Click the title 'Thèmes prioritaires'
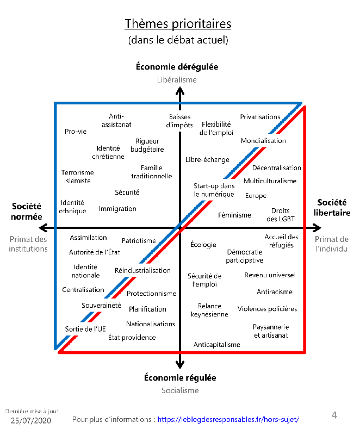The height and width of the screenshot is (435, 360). coord(178,24)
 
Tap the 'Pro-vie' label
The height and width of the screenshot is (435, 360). coord(76,131)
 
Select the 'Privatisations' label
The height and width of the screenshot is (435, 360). coord(260,117)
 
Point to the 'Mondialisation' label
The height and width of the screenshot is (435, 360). coord(263,141)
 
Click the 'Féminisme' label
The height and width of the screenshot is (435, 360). coord(234,215)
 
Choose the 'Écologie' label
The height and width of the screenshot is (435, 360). coord(203,245)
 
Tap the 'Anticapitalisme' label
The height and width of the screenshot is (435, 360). coord(216,345)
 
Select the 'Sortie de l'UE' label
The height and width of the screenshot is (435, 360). coord(85,329)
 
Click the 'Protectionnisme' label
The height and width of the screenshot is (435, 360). coord(151,294)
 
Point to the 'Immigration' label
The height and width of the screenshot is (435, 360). coord(117,209)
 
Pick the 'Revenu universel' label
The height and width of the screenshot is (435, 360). coord(270,275)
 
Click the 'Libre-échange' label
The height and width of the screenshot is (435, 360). coord(207,160)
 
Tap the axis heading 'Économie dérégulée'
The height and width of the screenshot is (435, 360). coord(177,67)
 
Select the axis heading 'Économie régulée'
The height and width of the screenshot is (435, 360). coord(180,377)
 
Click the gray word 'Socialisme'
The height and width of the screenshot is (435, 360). coord(180,390)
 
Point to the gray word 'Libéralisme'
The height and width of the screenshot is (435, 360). coord(177,79)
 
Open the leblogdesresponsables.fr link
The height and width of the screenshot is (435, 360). coord(228,419)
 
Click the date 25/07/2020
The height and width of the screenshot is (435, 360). coord(32,421)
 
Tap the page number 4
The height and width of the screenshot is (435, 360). coord(334,416)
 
